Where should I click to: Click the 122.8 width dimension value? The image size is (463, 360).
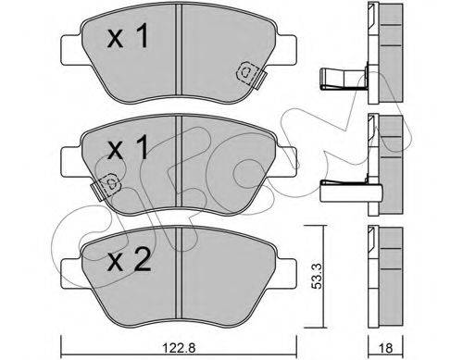179,348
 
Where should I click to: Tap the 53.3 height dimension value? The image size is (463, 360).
317,276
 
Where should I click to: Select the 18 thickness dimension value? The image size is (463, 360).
385,348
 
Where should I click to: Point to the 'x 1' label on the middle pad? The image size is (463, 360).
128,148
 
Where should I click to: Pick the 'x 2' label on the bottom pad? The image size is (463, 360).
129,261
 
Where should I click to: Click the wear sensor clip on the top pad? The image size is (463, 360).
251,76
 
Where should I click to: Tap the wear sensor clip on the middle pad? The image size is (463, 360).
106,187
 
